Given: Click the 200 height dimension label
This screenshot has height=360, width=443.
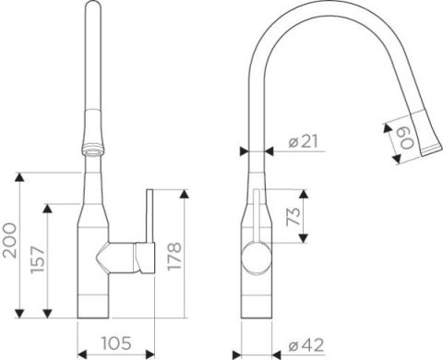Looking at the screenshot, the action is click(x=9, y=240).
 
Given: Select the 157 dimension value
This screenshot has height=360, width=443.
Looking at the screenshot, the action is click(x=38, y=259).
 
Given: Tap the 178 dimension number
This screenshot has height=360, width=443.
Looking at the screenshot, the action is click(x=174, y=257).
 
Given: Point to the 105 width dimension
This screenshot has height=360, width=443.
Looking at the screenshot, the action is click(x=116, y=343).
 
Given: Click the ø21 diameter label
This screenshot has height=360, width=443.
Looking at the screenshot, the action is click(x=303, y=141).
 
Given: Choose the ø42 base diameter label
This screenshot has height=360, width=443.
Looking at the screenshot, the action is click(x=306, y=345).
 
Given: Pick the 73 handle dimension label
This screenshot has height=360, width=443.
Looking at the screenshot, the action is click(x=293, y=217).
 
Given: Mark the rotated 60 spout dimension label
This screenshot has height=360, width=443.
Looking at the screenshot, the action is click(x=406, y=138).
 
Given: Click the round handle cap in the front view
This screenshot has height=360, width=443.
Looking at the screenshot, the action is click(x=256, y=258).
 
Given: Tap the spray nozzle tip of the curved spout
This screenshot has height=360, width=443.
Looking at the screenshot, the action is click(x=431, y=150).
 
